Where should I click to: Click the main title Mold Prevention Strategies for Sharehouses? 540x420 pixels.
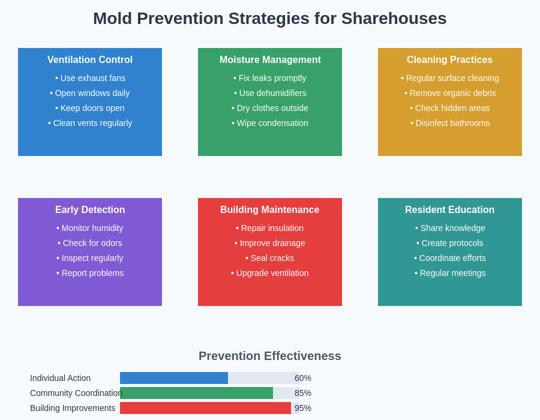270,19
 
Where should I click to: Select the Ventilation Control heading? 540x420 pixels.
90,60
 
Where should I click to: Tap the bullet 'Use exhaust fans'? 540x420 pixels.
90,78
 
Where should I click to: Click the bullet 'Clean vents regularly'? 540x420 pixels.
90,123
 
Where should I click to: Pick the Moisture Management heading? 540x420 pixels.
270,60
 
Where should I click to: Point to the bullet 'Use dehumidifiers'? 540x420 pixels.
270,93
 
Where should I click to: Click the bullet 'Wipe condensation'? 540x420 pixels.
270,123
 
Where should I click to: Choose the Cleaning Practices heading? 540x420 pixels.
449,60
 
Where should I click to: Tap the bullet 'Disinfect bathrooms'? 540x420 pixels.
450,123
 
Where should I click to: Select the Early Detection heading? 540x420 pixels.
90,210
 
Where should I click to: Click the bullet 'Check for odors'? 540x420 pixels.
90,243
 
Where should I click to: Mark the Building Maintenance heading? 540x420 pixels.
270,210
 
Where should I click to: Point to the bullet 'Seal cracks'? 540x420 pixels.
270,258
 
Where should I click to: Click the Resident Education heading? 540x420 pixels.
449,210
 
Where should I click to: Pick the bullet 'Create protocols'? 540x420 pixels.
450,243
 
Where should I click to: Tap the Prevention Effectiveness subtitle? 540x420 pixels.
270,356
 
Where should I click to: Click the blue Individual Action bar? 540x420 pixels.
174,378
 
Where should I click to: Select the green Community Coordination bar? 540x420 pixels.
197,393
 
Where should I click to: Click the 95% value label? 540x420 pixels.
303,408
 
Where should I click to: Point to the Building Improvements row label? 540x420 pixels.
73,408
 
